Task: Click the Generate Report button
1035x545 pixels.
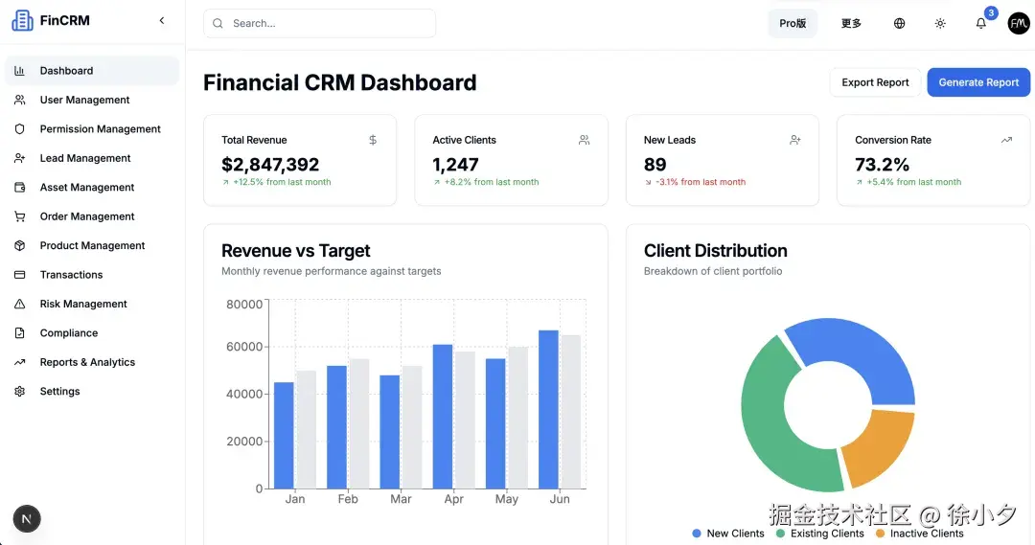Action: click(978, 82)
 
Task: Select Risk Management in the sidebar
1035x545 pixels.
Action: click(83, 304)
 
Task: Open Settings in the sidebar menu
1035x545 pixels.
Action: click(59, 392)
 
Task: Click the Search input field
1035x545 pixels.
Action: click(326, 23)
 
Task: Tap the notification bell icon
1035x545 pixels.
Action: click(980, 24)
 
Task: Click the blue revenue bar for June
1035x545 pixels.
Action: click(548, 409)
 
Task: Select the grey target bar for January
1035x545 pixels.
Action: click(307, 429)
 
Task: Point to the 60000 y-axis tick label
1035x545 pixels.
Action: click(244, 347)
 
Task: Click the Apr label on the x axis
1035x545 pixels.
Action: click(454, 499)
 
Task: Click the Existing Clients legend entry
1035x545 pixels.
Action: click(827, 534)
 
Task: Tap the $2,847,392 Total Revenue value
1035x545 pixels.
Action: click(270, 165)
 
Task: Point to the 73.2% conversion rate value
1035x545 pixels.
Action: click(882, 165)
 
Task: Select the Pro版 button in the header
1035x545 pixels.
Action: click(793, 24)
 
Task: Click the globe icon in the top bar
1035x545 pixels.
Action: click(899, 24)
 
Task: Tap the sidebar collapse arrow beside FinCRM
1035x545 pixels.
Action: click(162, 20)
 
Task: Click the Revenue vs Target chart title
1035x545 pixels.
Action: click(295, 251)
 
